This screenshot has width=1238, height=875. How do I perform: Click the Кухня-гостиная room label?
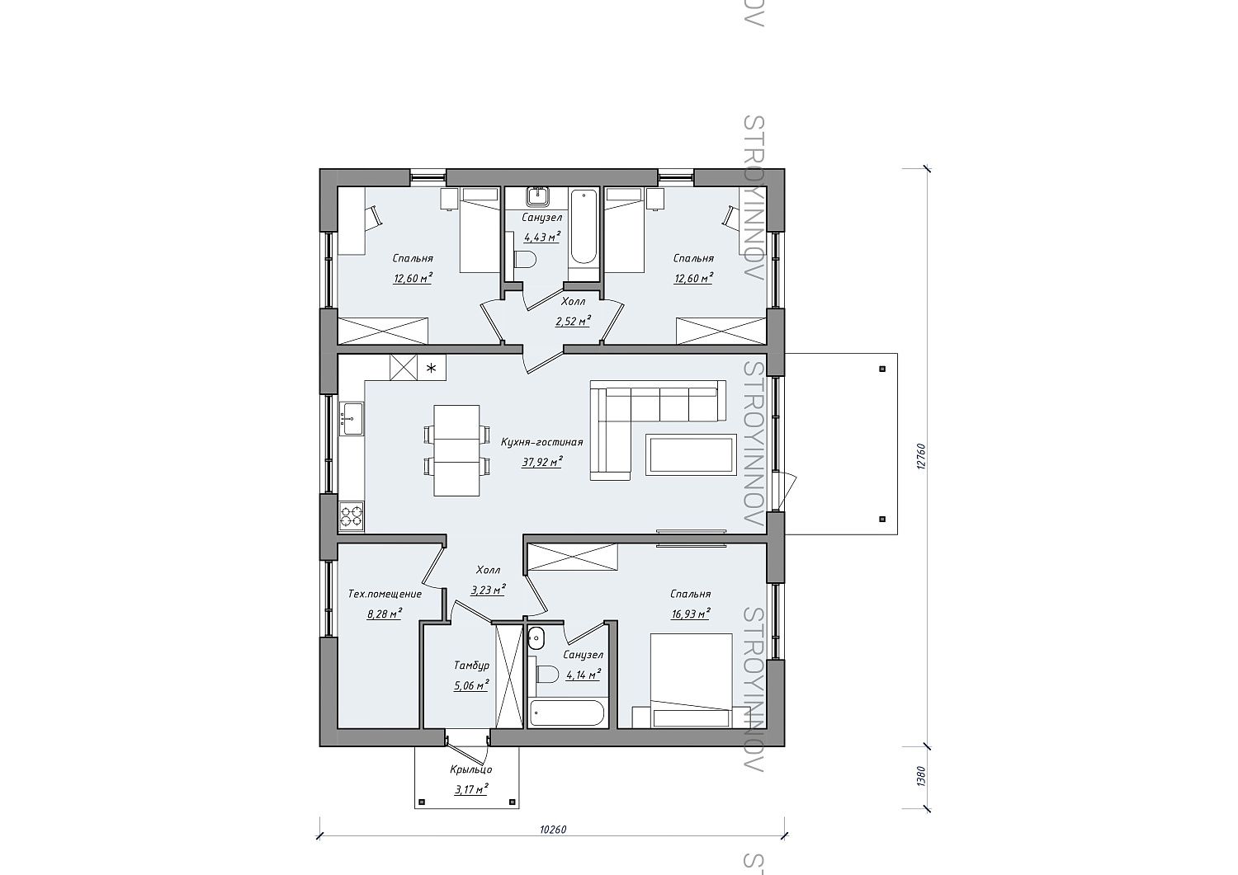[x=541, y=442]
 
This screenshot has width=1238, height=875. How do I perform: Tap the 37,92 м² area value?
[x=542, y=462]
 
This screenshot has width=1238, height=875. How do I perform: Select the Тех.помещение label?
[x=385, y=594]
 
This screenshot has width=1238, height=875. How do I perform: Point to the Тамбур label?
[x=471, y=666]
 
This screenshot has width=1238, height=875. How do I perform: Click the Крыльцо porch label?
[x=471, y=769]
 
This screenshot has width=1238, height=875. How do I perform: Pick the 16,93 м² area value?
[x=690, y=614]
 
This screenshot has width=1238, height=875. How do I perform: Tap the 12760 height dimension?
[x=919, y=456]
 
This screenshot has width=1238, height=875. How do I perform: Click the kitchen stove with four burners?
[x=352, y=515]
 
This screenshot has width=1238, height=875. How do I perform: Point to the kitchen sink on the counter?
[x=351, y=419]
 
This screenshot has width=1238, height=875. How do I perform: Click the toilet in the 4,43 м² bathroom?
[x=524, y=259]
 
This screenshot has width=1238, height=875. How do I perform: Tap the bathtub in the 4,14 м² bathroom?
[x=566, y=713]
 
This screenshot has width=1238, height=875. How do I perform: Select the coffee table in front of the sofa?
[x=691, y=454]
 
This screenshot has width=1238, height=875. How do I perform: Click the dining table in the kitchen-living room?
[x=456, y=450]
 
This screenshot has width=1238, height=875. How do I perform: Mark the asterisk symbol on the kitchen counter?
[x=432, y=368]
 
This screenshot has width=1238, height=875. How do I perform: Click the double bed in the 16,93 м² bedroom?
[x=691, y=680]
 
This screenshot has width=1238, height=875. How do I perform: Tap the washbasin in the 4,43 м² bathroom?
[x=537, y=195]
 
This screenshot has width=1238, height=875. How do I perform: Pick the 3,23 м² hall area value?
[x=488, y=590]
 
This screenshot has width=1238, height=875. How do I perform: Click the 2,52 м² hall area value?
[x=573, y=321]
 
